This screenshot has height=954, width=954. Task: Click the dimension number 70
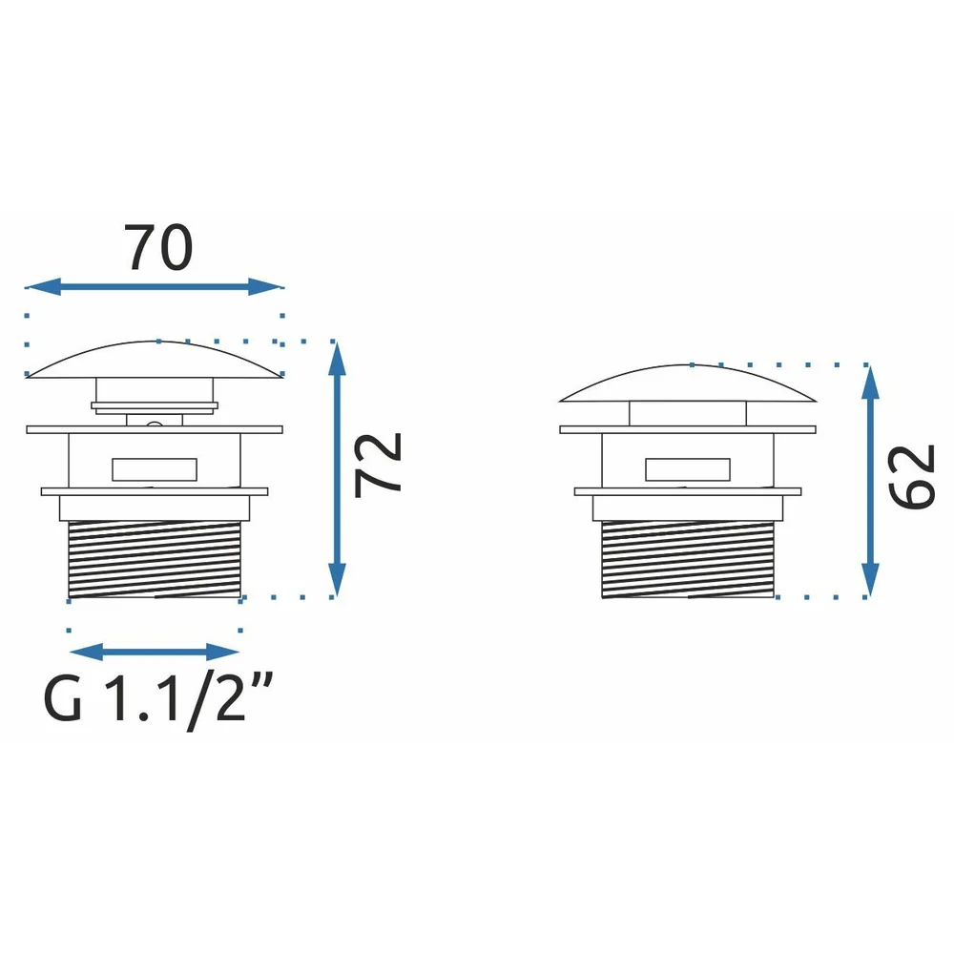(x=158, y=248)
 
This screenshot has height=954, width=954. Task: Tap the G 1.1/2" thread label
(x=158, y=700)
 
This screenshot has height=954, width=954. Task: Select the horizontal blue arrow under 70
(x=155, y=286)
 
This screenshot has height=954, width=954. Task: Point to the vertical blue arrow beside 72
(x=337, y=469)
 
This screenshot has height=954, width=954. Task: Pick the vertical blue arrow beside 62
(x=870, y=481)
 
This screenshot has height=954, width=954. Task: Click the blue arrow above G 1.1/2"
(x=155, y=653)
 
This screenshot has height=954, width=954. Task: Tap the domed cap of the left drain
(x=155, y=360)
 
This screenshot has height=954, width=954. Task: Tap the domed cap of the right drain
(x=688, y=384)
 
